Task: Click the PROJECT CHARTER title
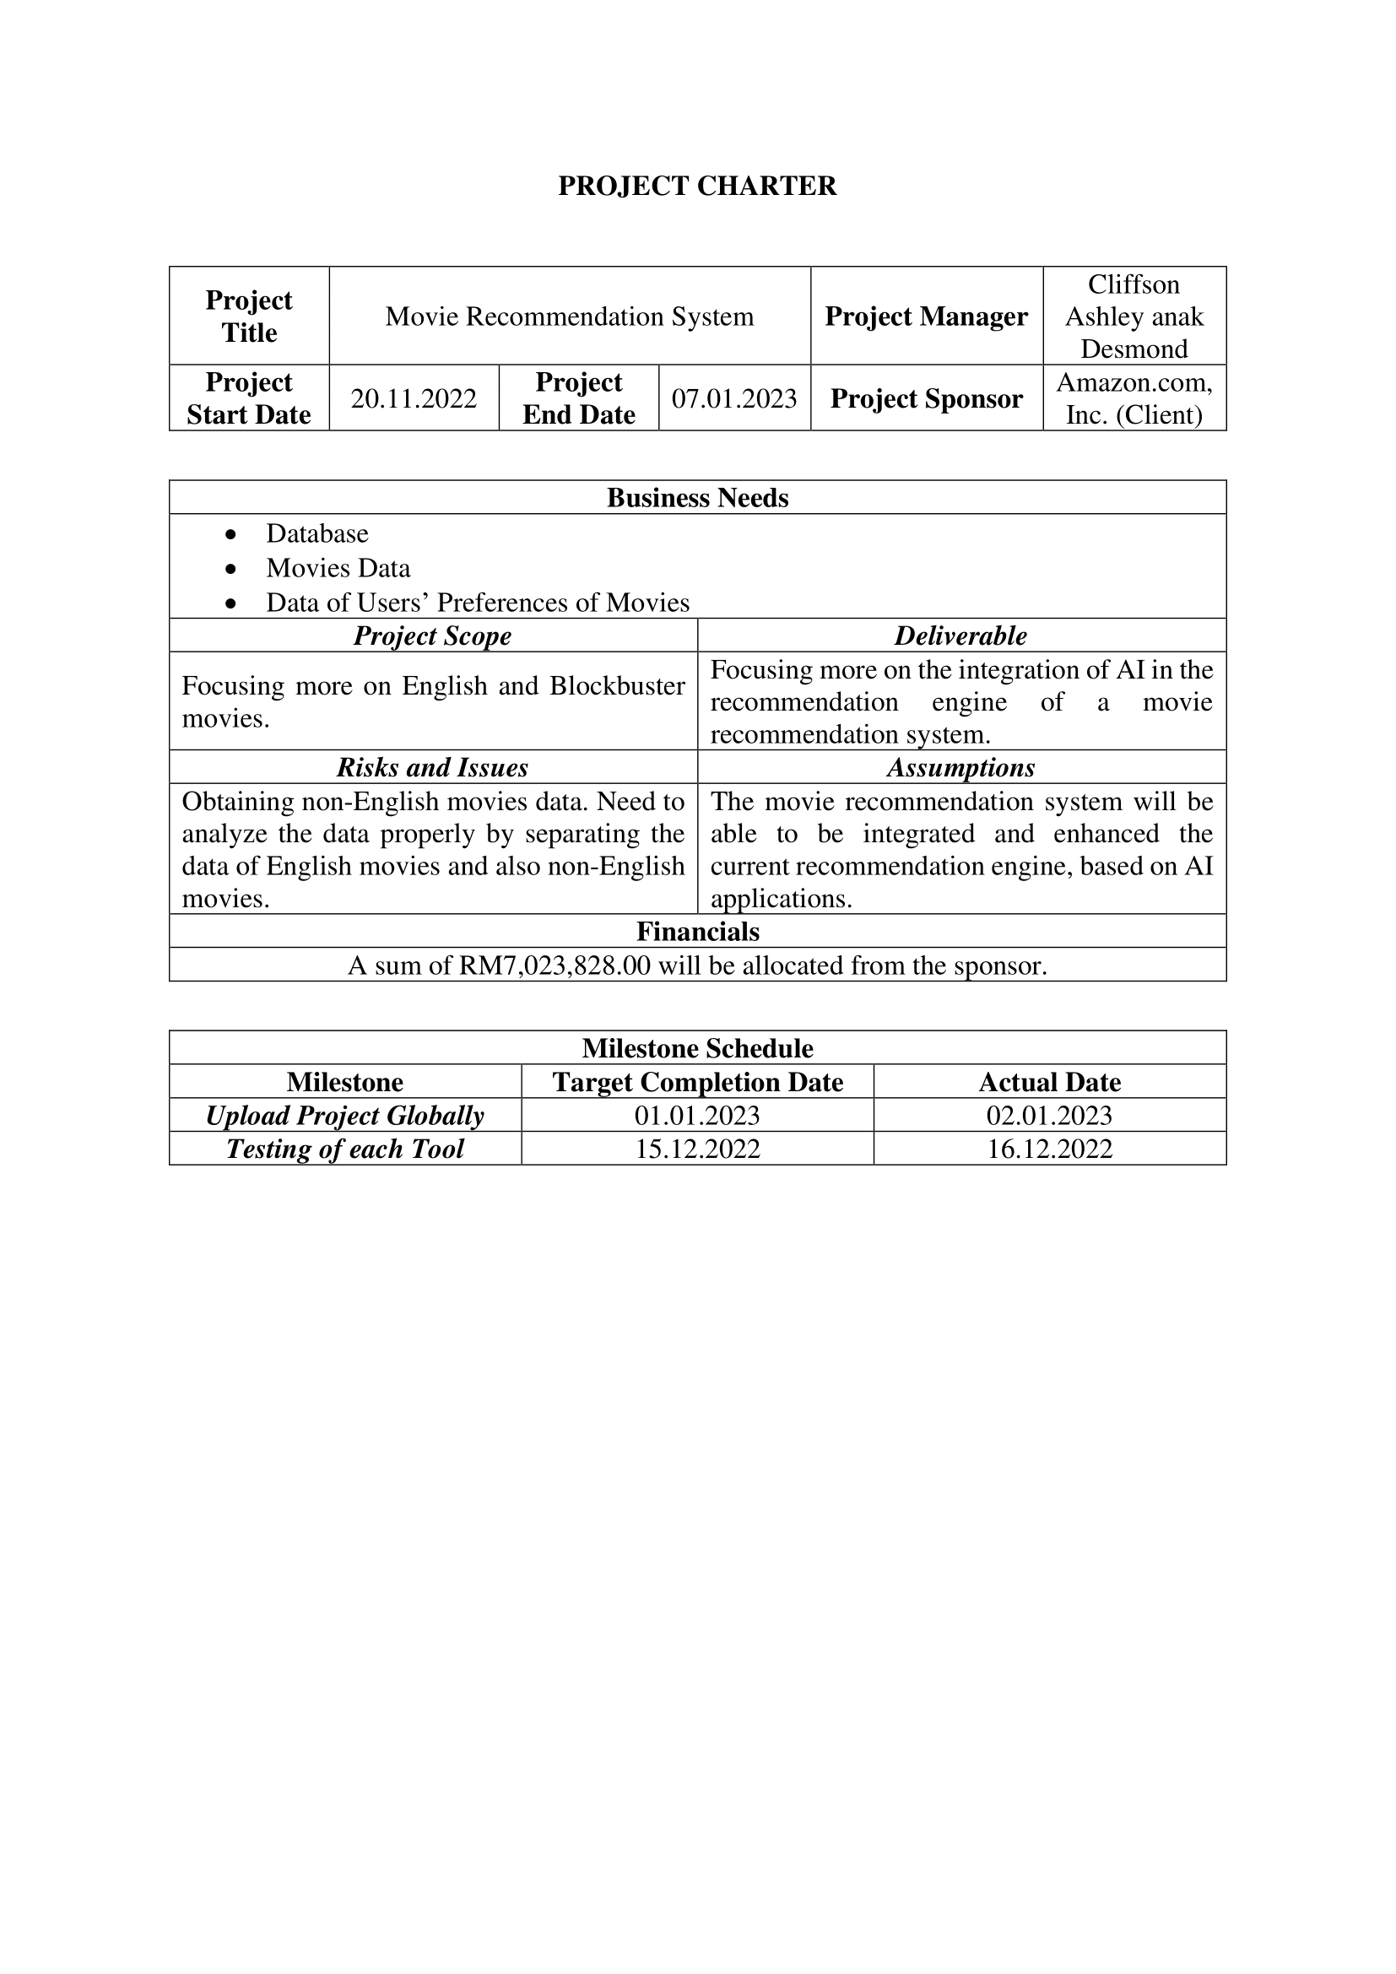(x=697, y=186)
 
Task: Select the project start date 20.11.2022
(x=414, y=398)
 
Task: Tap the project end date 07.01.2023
(x=734, y=398)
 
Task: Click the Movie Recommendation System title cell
(x=569, y=316)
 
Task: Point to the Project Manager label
(x=926, y=316)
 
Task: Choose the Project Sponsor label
(x=926, y=398)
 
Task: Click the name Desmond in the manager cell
(x=1134, y=349)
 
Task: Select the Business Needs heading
(x=697, y=498)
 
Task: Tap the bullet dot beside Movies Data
(x=230, y=569)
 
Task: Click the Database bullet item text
(x=317, y=534)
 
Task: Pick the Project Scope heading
(x=432, y=635)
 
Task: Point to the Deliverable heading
(x=960, y=635)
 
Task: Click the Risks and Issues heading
(x=432, y=767)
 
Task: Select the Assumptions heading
(x=960, y=767)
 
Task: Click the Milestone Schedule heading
(x=697, y=1048)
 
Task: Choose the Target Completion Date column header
(x=697, y=1082)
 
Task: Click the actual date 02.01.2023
(x=1049, y=1115)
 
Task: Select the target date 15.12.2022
(x=697, y=1149)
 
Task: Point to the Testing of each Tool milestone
(x=344, y=1149)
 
